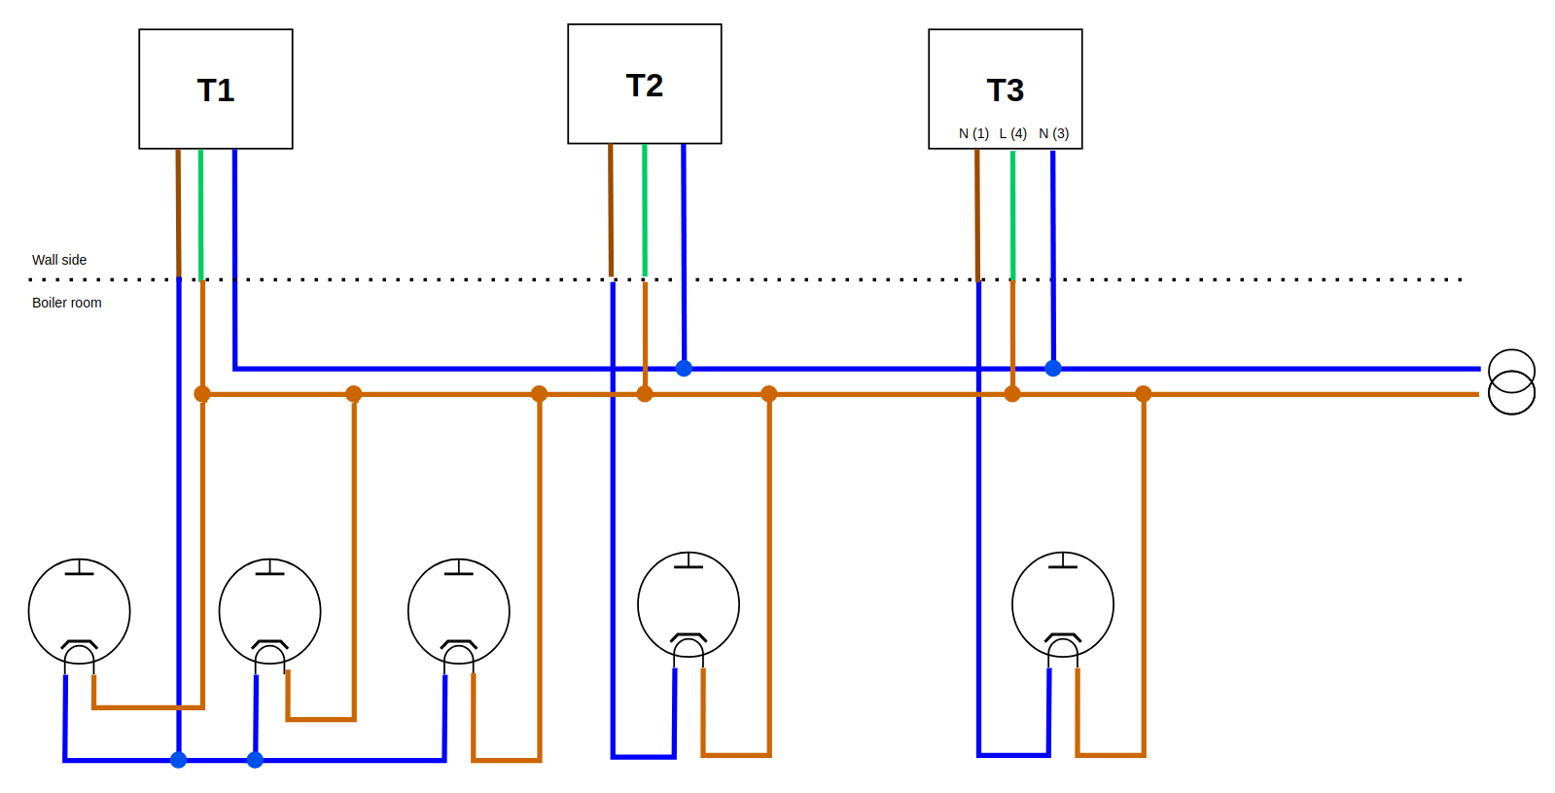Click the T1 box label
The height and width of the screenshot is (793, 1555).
216,90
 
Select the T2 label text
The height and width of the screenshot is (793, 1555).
645,86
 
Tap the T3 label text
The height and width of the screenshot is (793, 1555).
1006,90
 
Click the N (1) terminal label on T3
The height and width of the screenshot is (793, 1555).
973,133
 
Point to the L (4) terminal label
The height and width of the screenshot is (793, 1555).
1013,133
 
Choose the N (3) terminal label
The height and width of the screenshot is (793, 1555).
1054,133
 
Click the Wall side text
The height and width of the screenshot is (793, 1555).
59,260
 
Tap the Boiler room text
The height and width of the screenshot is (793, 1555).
67,303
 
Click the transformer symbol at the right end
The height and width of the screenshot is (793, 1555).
1511,382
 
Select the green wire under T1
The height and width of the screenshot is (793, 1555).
201,214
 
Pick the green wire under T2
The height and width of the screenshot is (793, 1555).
645,209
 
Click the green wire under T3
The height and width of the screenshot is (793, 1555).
1012,214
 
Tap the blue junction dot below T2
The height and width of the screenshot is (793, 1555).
684,368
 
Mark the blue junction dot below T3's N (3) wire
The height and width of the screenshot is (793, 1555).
1053,368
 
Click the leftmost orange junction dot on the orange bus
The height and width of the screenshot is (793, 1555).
202,394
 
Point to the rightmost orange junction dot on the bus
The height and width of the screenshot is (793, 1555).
1144,394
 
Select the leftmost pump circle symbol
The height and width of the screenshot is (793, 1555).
80,610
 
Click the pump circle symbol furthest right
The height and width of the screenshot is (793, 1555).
1063,604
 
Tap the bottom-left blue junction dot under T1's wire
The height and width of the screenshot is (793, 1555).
179,760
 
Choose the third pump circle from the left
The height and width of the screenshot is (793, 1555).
459,610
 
